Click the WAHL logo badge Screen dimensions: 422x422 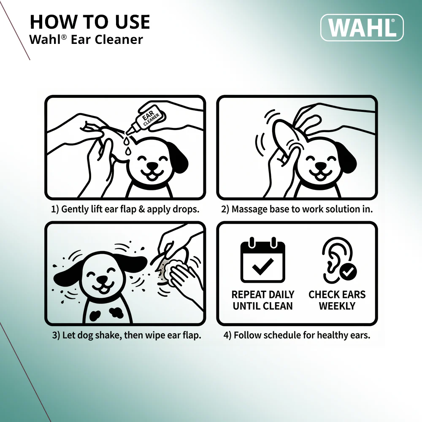(x=362, y=27)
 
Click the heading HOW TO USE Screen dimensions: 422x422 (x=90, y=22)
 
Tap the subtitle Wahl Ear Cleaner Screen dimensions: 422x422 (x=86, y=40)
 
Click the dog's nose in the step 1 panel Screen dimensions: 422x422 (x=152, y=166)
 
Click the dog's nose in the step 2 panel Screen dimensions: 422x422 (x=321, y=166)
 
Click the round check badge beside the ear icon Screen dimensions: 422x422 (x=348, y=272)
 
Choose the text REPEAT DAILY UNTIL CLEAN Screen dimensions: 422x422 (x=262, y=300)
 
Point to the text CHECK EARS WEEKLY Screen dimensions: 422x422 (x=337, y=300)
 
